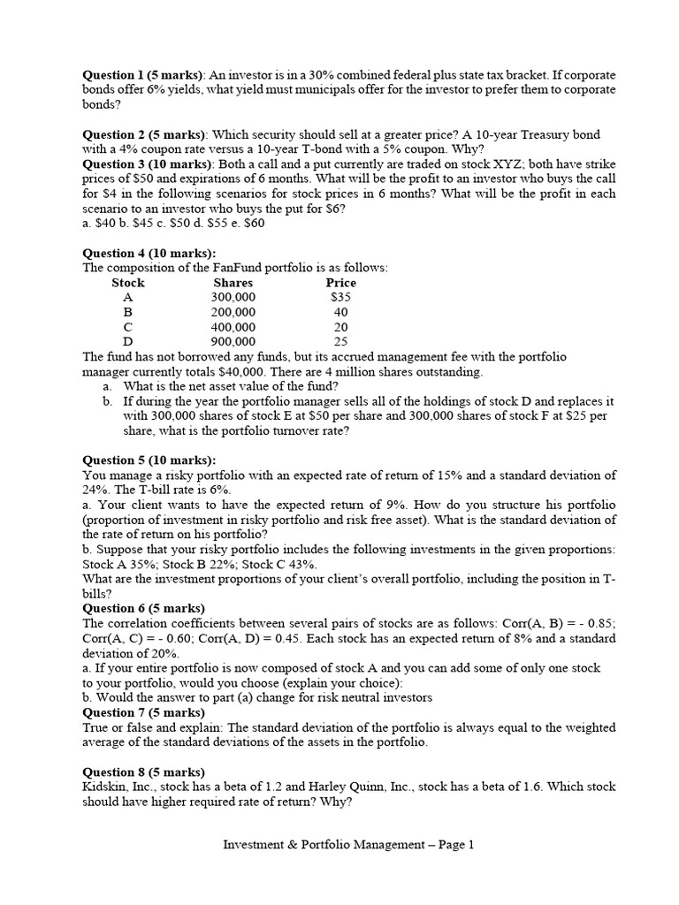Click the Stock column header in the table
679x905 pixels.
click(128, 283)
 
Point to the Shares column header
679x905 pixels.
click(233, 283)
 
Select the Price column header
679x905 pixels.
click(340, 283)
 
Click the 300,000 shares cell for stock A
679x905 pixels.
click(233, 298)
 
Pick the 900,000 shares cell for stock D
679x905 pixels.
click(233, 341)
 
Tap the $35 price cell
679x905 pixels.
click(340, 298)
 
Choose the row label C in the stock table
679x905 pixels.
click(128, 327)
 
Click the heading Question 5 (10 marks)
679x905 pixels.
click(149, 460)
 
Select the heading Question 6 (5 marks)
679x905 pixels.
click(143, 608)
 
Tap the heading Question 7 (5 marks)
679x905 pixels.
click(143, 712)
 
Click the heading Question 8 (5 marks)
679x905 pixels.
click(143, 772)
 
